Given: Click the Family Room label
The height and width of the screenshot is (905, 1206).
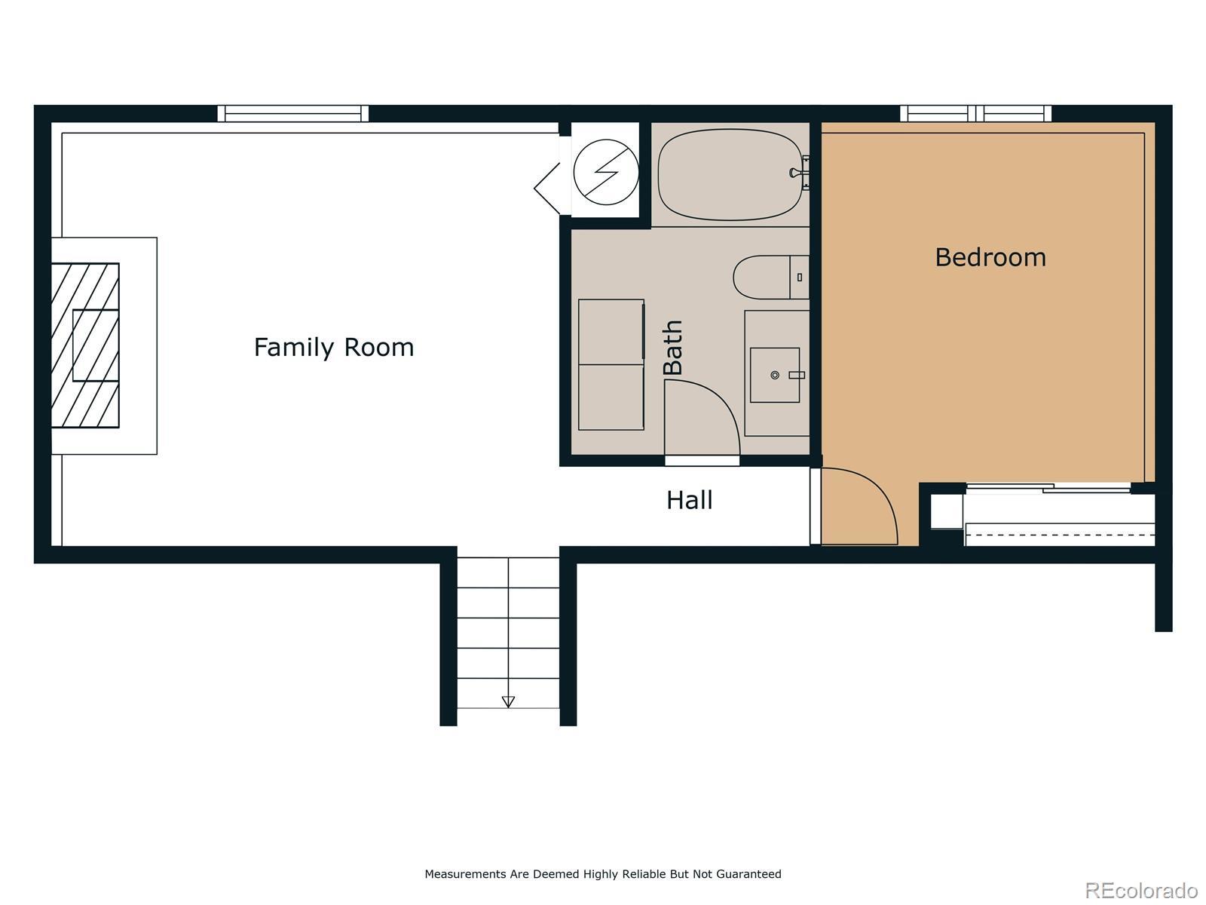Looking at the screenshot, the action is tap(333, 348).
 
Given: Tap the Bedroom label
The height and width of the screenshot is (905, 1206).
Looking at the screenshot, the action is tap(990, 258).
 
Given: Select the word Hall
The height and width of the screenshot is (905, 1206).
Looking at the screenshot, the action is tap(690, 500).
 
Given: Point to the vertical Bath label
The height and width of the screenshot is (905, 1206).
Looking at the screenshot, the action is tap(672, 347).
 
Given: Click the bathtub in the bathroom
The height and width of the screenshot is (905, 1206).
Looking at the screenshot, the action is tap(730, 175).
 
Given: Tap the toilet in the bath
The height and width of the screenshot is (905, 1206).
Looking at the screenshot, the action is tap(771, 277).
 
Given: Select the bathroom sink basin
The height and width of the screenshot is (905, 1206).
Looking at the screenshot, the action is tap(775, 375).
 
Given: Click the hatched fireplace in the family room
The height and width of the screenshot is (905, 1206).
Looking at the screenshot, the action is tap(85, 345).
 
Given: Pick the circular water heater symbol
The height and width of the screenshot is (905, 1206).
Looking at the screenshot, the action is tap(606, 172).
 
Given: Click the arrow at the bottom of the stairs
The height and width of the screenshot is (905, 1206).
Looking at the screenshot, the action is tap(508, 701).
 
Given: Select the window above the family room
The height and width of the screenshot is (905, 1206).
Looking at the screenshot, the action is tap(293, 114).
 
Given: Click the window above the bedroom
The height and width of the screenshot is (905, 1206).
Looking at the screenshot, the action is tap(976, 114).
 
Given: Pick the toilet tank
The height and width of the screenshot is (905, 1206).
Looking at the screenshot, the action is tap(800, 278).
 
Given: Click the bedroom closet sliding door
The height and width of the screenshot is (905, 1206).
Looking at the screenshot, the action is tap(1048, 487).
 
